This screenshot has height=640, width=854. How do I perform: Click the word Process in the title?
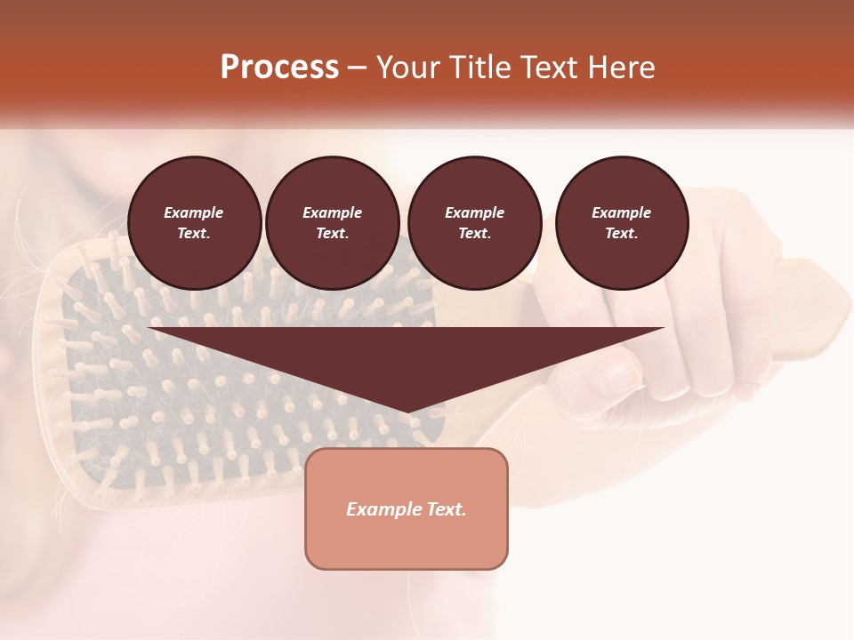tap(279, 67)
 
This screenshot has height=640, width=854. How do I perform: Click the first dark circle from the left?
tap(195, 223)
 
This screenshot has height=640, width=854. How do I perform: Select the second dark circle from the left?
tap(333, 223)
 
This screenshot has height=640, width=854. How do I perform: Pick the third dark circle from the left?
tap(475, 223)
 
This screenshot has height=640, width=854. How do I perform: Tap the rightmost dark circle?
tap(622, 223)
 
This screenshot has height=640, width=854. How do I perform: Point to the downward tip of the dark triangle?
tap(407, 411)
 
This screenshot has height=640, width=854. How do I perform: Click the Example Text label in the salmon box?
tap(407, 509)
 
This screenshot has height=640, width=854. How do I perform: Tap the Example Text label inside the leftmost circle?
tap(194, 223)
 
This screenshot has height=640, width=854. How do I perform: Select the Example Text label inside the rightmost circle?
tap(622, 223)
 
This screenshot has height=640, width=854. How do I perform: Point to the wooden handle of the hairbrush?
tap(810, 311)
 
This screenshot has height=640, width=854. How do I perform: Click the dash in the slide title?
tap(358, 68)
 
